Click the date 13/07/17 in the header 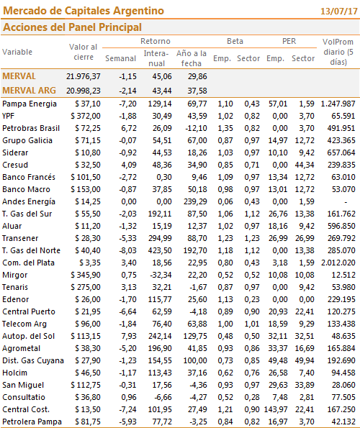(338, 12)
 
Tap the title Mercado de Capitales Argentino (84, 11)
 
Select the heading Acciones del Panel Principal (72, 27)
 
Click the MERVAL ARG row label (29, 91)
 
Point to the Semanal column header (120, 58)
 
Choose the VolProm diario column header (338, 52)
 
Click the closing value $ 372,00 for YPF (86, 116)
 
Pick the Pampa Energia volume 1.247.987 (338, 104)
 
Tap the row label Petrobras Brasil (31, 128)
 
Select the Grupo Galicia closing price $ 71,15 (88, 140)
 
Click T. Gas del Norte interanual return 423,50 (160, 250)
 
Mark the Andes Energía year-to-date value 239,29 (195, 201)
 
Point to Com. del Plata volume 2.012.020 (338, 263)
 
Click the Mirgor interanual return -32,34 (161, 275)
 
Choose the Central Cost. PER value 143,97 (276, 409)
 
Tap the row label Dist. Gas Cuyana (33, 360)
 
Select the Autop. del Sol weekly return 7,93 (129, 336)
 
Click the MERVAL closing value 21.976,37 (84, 76)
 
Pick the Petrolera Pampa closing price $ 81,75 (88, 422)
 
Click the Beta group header (235, 41)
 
